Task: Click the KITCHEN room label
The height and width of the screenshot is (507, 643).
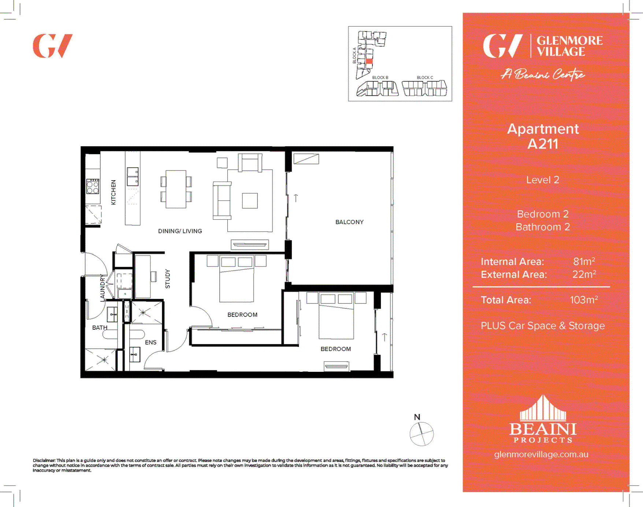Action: [x=114, y=192]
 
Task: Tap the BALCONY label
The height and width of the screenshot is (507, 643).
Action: [x=349, y=222]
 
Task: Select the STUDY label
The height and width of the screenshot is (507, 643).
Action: [x=168, y=279]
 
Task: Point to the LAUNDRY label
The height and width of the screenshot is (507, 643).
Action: [x=103, y=288]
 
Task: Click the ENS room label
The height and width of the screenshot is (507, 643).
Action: [x=150, y=343]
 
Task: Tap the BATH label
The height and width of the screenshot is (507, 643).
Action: [x=100, y=327]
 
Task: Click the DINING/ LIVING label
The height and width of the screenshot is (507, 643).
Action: [x=180, y=231]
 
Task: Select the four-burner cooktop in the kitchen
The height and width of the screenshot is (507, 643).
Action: [x=93, y=186]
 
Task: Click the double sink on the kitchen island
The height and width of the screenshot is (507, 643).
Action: [x=133, y=177]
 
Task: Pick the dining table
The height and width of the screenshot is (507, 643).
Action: [x=176, y=189]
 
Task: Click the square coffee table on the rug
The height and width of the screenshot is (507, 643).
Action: [x=250, y=201]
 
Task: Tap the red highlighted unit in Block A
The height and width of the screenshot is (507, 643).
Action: [x=369, y=62]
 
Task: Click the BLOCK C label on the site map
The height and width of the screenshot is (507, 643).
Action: [x=425, y=78]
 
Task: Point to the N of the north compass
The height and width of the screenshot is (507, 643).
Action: [x=417, y=417]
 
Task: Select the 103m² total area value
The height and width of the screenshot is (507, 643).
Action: [x=584, y=300]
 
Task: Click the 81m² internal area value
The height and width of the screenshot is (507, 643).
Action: [x=584, y=262]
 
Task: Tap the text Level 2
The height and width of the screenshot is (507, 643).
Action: [x=543, y=180]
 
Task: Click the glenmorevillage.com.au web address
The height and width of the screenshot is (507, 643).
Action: [x=541, y=454]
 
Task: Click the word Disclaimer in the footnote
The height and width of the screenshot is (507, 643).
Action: [x=44, y=460]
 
